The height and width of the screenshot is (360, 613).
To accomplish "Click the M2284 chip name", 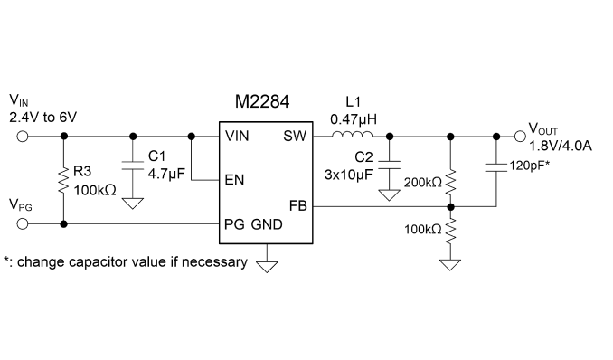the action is click(x=262, y=101).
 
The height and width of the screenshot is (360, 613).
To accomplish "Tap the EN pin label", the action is click(x=234, y=180).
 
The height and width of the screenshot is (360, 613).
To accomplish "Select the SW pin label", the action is click(x=295, y=137).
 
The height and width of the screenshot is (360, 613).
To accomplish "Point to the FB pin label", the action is click(x=297, y=206).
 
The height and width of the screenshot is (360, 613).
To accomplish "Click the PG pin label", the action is click(x=234, y=224).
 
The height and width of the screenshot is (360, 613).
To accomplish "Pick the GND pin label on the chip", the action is click(x=267, y=224).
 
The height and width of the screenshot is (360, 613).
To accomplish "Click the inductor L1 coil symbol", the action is click(x=353, y=134).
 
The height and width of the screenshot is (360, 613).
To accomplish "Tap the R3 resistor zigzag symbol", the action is click(x=63, y=181).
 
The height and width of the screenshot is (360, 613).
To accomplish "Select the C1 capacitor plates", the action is click(x=133, y=166).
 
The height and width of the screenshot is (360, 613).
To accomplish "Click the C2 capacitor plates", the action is click(x=390, y=166).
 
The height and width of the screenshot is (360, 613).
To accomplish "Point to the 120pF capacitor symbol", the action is click(x=496, y=167).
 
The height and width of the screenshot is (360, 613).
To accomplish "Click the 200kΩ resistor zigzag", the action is click(x=450, y=183).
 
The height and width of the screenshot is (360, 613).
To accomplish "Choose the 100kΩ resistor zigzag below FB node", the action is click(x=450, y=230).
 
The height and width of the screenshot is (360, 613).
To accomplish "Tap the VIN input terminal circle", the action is click(x=23, y=137).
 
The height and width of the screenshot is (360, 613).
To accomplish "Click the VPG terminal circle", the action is click(x=23, y=223).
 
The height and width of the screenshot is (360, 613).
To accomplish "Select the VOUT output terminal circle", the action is click(x=520, y=137).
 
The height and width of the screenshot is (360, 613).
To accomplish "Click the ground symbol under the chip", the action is click(x=267, y=267).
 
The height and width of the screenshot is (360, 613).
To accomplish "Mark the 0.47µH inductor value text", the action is click(x=354, y=119).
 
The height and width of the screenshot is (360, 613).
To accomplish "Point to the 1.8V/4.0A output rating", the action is click(x=561, y=146).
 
